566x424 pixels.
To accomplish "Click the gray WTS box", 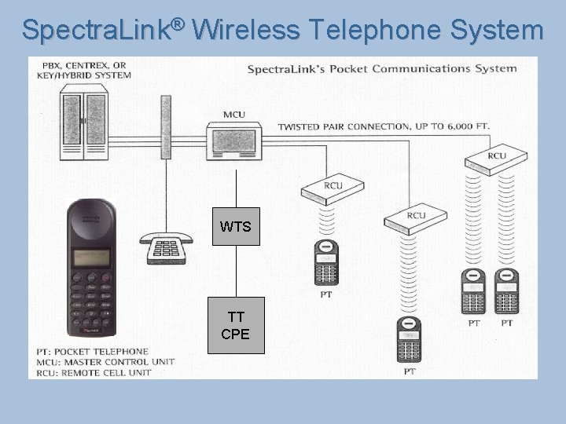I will tap(236, 227).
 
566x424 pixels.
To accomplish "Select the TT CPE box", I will tap(236, 325).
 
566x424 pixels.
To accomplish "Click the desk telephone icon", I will tap(166, 248).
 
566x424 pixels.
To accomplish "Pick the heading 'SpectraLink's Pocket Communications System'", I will tap(382, 68).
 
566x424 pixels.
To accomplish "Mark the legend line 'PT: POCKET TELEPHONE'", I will tap(92, 352).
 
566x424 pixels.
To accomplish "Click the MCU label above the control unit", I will tap(234, 115).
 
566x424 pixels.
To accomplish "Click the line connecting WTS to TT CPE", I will tap(236, 272).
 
